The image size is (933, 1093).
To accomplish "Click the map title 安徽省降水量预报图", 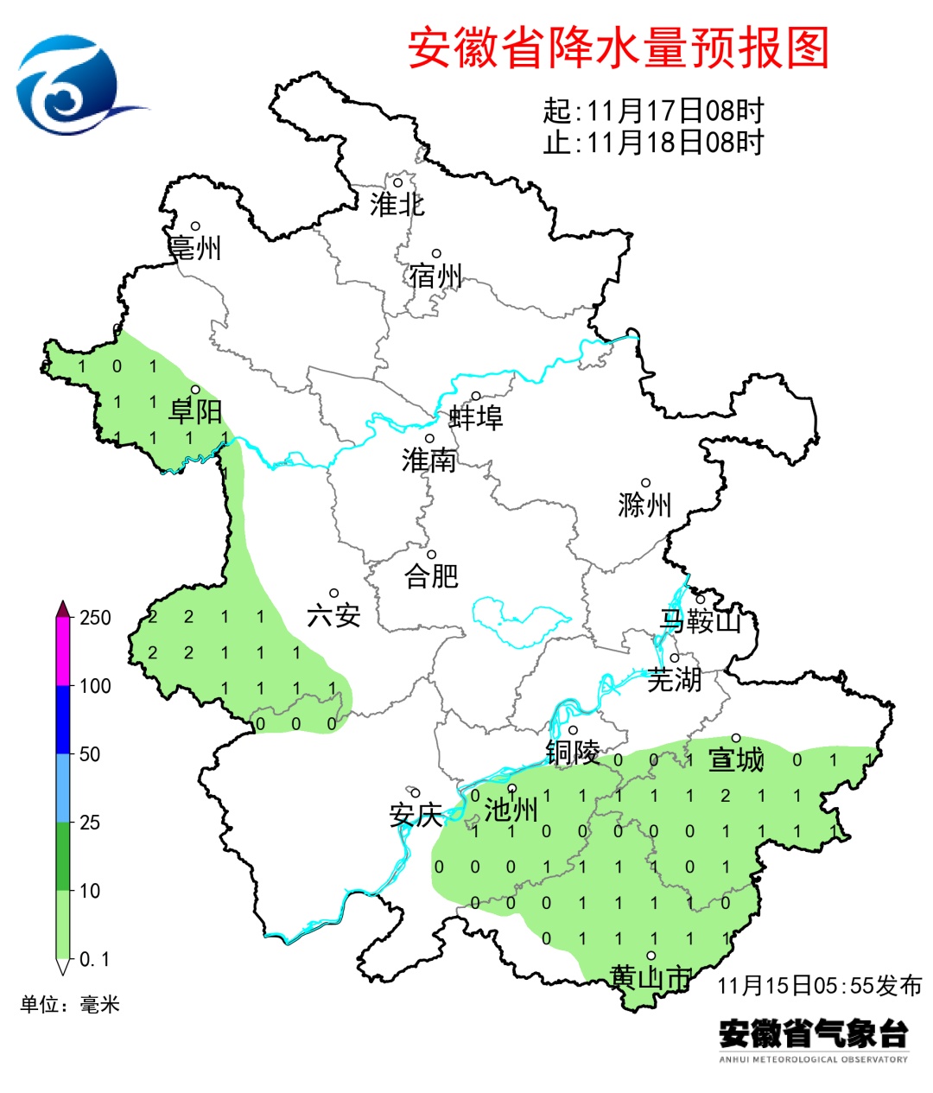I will pos(618,48).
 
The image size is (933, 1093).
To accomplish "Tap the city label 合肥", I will pos(431,575).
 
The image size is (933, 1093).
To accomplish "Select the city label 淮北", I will pos(397,205).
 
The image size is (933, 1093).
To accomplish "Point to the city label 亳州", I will pos(195,249).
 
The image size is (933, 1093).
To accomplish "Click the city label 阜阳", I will pos(195,412).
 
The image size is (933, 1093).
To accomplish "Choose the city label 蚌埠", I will pos(476,418).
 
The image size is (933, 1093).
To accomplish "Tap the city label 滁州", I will pos(644,505).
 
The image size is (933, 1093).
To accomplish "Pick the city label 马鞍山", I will pos(700,620).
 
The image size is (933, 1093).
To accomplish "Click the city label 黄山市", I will pos(651,977).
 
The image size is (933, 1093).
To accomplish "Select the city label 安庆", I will pos(416,815).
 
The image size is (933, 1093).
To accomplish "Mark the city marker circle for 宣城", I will pos(736,738).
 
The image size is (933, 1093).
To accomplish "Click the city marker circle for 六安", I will pos(333,594).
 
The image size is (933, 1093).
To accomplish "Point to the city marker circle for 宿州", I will pos(436,254).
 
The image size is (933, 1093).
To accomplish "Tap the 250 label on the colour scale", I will pos(95,618).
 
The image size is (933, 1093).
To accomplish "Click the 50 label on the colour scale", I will pos(90,754).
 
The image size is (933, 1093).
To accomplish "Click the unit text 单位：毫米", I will pos(70,1004).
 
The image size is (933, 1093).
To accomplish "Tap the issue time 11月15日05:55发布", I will pos(819,985).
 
